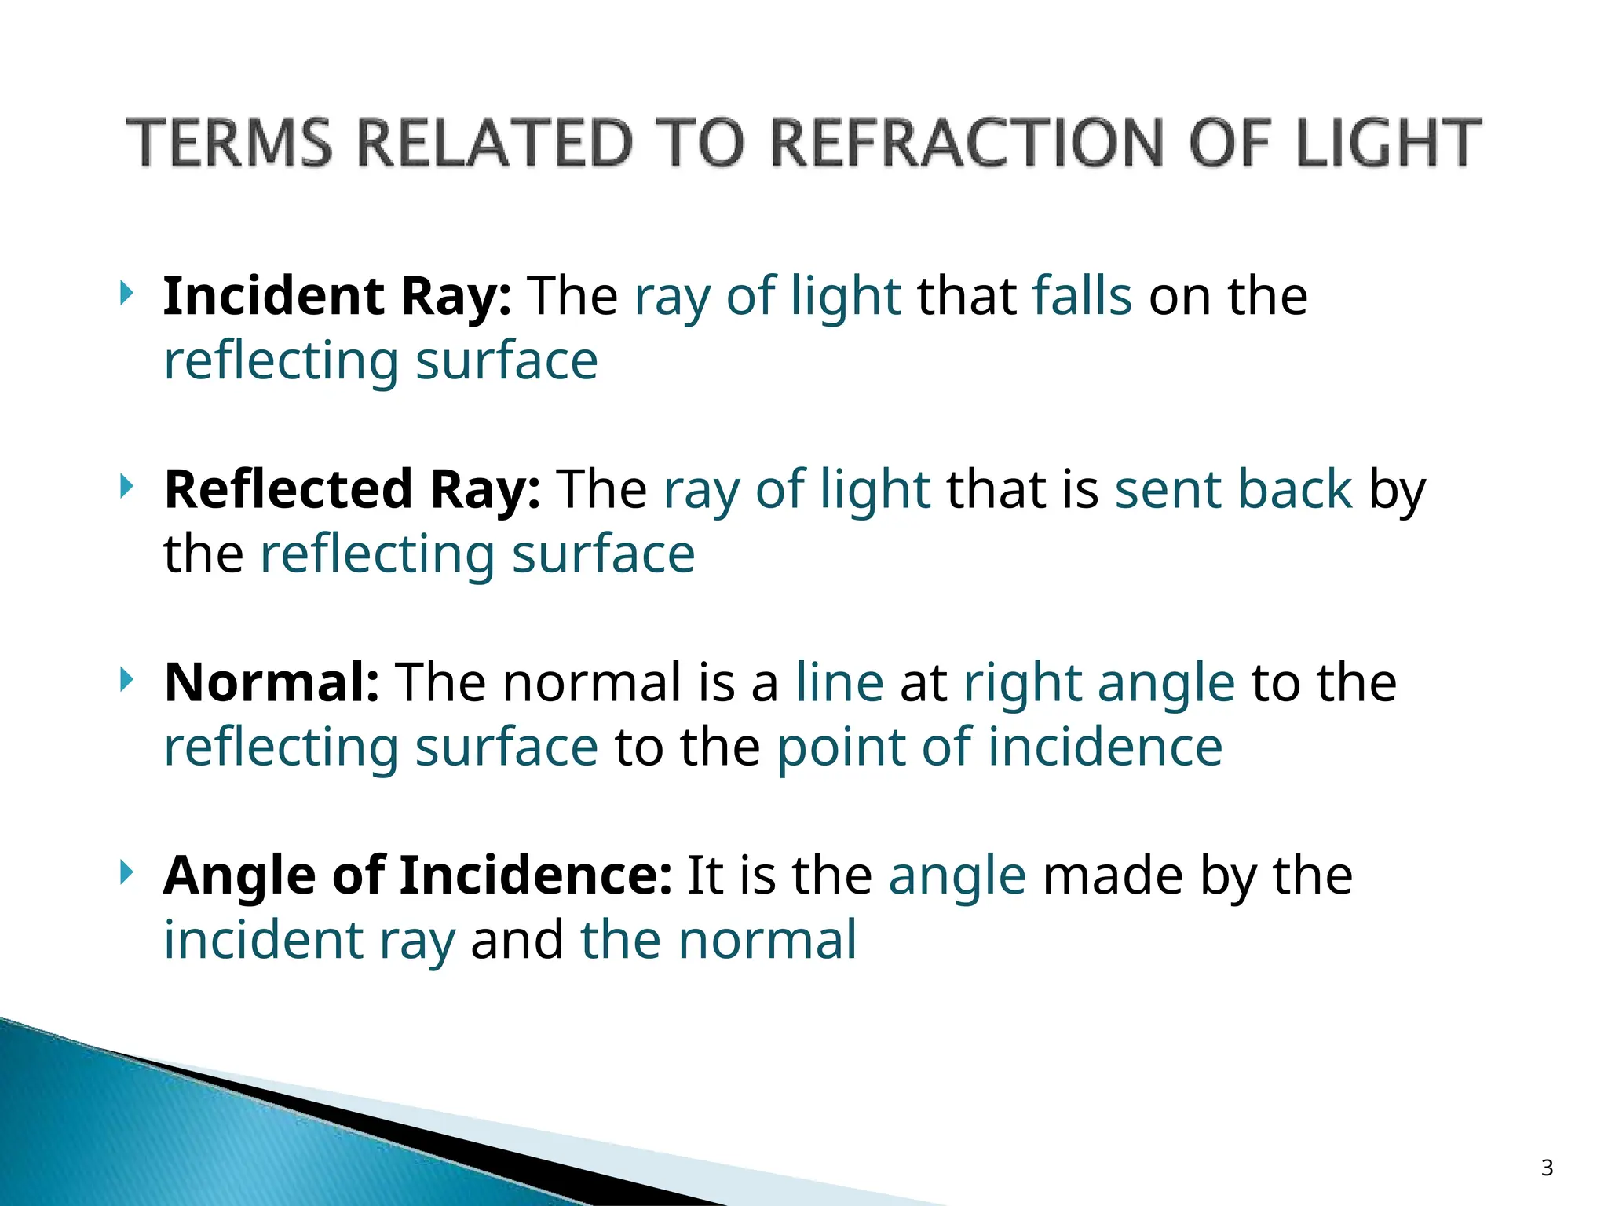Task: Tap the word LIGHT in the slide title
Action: coord(1388,143)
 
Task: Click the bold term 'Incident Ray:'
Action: coord(338,296)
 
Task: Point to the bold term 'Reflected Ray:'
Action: coord(352,489)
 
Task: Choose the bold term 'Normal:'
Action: coord(272,682)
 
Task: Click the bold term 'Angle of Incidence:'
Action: coord(418,875)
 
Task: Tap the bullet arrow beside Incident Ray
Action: coord(126,294)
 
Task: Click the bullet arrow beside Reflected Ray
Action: coord(126,487)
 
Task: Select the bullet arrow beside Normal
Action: coord(126,679)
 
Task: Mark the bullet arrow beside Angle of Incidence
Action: coord(126,872)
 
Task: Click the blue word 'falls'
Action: coord(1082,296)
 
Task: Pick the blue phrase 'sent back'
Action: coord(1233,489)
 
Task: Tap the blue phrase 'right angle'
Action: coord(1099,683)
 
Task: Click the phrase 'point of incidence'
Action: coord(1000,747)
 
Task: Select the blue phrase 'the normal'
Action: coord(718,940)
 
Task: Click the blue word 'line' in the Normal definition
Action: coord(839,682)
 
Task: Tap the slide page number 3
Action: coord(1547,1168)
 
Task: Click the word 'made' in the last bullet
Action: coord(1113,875)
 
